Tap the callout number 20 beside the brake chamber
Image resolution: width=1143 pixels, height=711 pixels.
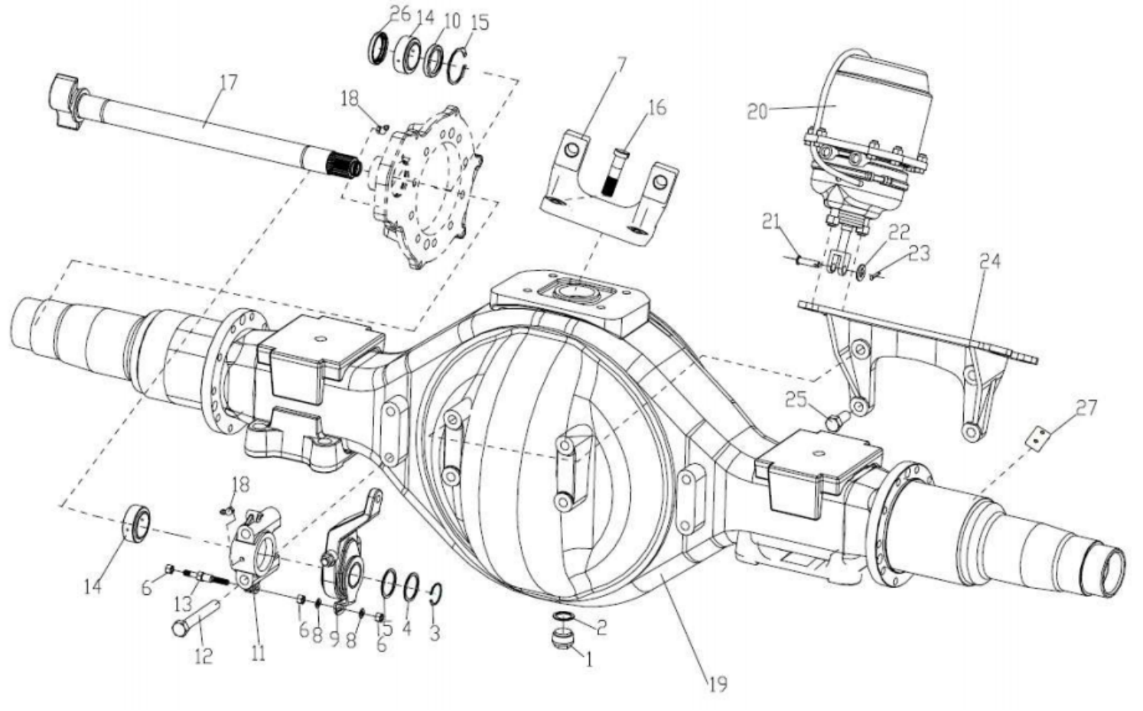tap(757, 112)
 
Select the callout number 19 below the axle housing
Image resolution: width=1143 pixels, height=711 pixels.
tap(718, 683)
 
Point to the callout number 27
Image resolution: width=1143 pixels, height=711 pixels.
tap(1086, 407)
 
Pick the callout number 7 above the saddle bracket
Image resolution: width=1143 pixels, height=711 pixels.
tap(620, 66)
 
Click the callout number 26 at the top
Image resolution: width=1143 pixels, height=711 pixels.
tap(399, 14)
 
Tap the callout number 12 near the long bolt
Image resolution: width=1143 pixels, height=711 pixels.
tap(203, 656)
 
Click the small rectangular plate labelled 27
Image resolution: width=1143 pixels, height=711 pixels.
tap(1037, 438)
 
